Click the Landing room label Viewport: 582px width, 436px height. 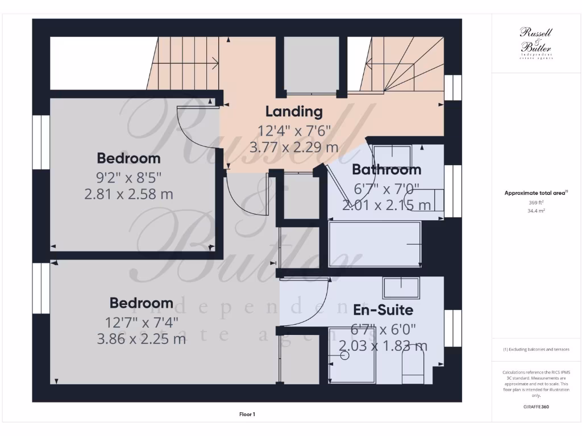294,111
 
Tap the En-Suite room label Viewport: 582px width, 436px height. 383,310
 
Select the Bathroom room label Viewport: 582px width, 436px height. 386,169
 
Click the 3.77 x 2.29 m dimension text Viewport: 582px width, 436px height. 294,148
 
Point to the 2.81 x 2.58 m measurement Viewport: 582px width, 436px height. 128,194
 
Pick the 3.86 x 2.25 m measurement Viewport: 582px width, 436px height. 142,339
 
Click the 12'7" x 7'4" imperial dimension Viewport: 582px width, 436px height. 142,322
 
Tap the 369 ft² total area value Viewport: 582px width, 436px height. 536,202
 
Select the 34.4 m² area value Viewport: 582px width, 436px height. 536,210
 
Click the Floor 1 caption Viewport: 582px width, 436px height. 247,414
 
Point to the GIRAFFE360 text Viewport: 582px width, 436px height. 536,406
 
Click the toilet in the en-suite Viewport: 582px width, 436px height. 413,367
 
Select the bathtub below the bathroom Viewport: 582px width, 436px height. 375,244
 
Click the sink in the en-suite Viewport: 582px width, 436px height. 401,288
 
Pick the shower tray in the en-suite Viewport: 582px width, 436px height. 352,363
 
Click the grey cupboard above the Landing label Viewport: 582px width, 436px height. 311,64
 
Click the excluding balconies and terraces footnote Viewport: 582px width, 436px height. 536,349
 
